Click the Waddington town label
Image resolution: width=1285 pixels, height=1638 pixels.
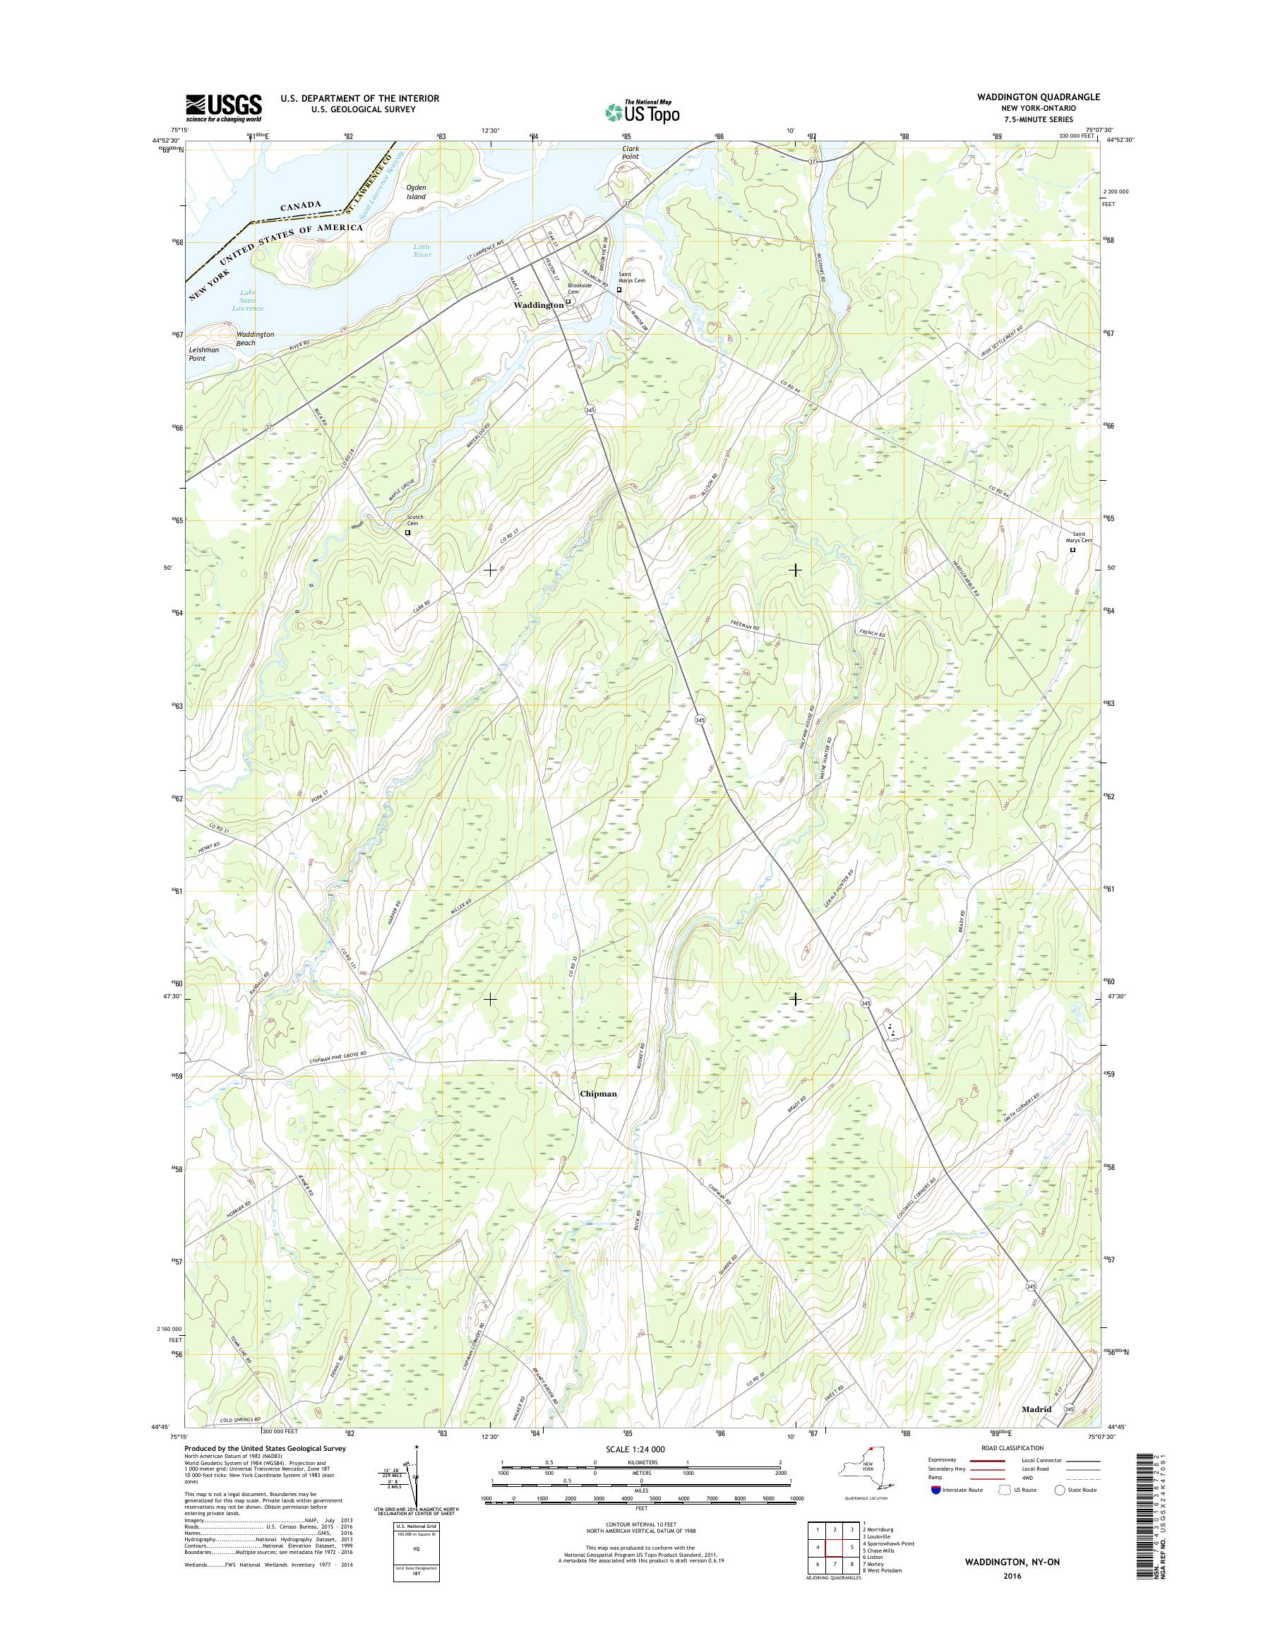(x=537, y=306)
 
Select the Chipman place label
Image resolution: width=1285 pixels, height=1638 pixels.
(x=598, y=1094)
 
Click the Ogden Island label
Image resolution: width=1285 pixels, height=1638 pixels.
(x=416, y=192)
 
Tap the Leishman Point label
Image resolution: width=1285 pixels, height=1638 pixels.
(x=204, y=354)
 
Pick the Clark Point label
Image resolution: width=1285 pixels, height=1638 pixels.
(x=630, y=153)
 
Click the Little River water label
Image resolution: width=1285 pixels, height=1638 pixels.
(x=422, y=251)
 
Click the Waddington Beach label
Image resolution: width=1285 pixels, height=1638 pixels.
(x=255, y=339)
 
